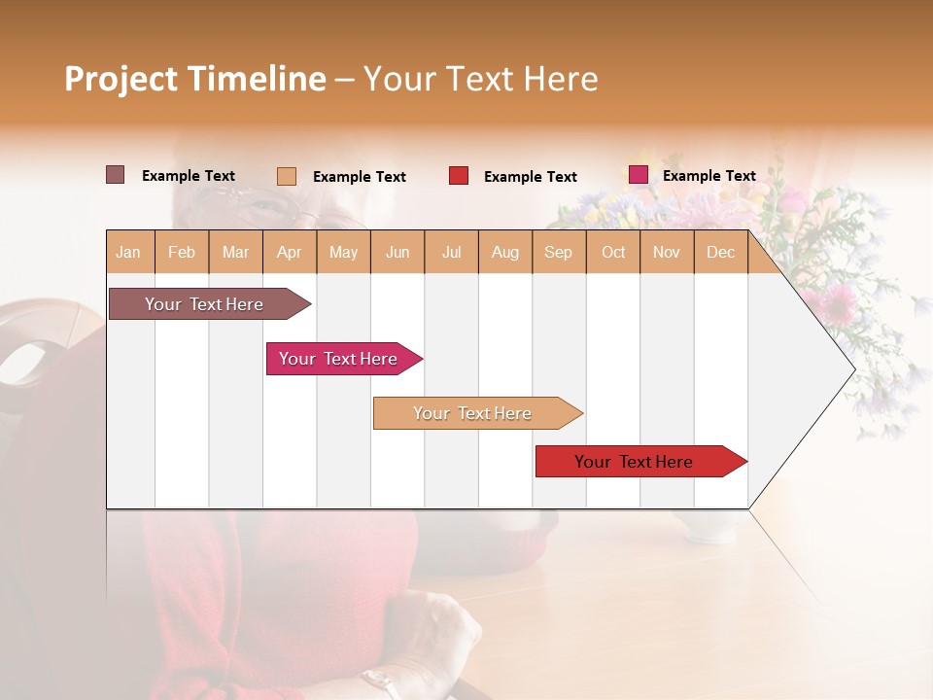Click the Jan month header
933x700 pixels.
click(129, 252)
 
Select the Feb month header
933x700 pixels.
click(182, 252)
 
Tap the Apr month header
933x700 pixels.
click(290, 252)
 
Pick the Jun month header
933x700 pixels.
click(397, 252)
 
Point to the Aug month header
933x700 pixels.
click(505, 252)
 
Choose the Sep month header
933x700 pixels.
click(559, 252)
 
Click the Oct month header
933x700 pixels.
click(613, 252)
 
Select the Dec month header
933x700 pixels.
click(721, 252)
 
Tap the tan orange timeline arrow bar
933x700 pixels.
click(473, 413)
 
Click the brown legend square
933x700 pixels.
click(115, 175)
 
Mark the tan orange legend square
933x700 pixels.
click(286, 176)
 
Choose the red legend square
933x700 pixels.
click(459, 176)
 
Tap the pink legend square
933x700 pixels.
click(638, 175)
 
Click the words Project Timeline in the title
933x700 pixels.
click(195, 79)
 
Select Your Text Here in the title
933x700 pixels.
click(481, 79)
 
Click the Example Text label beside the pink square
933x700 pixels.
click(708, 176)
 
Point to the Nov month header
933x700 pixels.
click(667, 252)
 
